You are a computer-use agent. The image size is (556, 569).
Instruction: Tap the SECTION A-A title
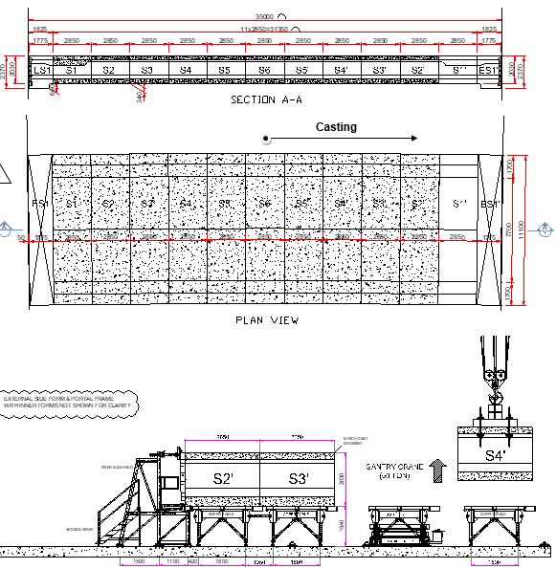tap(266, 98)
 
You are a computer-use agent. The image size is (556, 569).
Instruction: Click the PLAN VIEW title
tap(266, 320)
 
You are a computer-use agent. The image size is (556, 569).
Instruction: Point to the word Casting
tap(336, 126)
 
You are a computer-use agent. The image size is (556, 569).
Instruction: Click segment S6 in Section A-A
tap(263, 70)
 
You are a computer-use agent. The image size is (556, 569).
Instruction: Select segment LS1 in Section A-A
tap(41, 70)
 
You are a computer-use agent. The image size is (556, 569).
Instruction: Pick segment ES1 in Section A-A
tap(489, 70)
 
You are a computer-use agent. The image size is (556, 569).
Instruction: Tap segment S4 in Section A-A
tap(186, 70)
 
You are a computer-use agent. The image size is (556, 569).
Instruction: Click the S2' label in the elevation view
tap(223, 478)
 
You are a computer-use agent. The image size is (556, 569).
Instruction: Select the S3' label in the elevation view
tap(299, 478)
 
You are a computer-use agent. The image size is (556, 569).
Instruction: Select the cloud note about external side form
tap(69, 402)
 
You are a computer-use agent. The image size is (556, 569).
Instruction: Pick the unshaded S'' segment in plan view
tap(459, 205)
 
